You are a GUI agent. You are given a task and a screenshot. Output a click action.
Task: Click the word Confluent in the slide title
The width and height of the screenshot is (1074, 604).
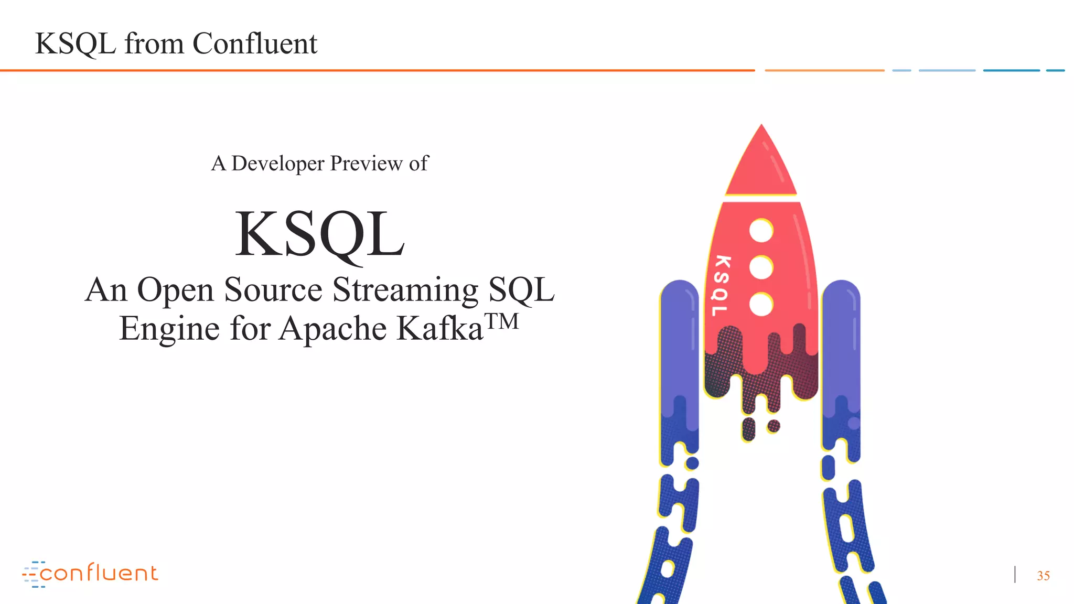(x=255, y=44)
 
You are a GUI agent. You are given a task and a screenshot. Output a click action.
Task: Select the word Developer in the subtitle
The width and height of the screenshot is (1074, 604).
(x=278, y=164)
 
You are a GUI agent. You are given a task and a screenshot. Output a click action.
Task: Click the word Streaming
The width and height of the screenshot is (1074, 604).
(x=405, y=290)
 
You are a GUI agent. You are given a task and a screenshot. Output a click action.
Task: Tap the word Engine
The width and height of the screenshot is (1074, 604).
(x=169, y=329)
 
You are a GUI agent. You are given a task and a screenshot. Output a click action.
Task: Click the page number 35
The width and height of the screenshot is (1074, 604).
(x=1043, y=576)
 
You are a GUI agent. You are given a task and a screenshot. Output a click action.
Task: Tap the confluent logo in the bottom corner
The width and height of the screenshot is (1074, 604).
(x=90, y=574)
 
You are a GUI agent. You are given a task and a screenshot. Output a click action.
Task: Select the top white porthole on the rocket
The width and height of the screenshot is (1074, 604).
(x=761, y=231)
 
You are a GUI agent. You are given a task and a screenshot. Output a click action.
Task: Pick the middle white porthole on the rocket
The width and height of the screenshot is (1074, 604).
(x=761, y=268)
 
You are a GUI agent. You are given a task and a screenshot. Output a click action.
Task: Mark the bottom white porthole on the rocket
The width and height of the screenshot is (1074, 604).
(x=761, y=305)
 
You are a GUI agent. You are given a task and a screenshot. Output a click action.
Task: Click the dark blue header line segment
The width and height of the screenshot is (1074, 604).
(x=1011, y=70)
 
